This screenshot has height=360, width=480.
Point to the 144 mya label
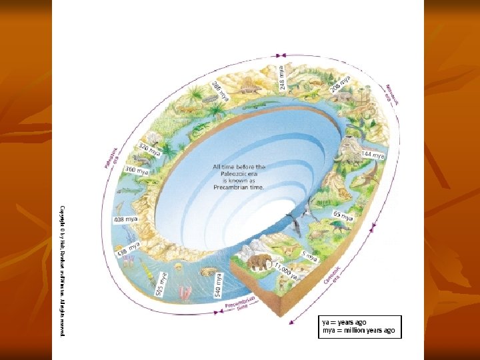pyautogui.click(x=372, y=155)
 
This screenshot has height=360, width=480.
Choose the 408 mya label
pyautogui.click(x=125, y=218)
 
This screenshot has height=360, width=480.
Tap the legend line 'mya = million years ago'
pyautogui.click(x=359, y=330)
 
